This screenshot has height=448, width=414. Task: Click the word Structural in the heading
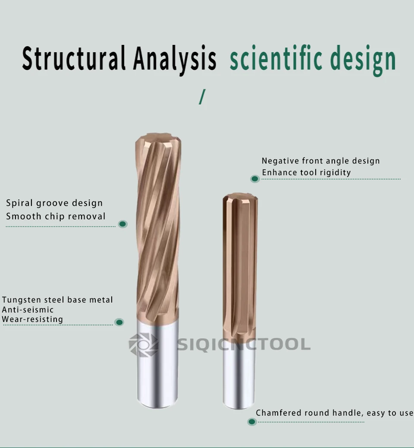73,59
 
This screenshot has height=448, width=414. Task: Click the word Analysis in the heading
175,59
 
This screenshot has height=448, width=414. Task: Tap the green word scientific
276,59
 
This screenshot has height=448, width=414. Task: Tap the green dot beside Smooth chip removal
122,224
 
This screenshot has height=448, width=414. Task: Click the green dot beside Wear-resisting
119,322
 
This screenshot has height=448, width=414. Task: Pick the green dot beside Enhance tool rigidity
255,178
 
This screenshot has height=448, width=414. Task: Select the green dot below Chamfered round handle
252,422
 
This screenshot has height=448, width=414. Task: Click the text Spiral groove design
54,203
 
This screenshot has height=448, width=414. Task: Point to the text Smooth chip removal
56,216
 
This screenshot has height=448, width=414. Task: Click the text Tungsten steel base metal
57,300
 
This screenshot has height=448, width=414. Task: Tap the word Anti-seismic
28,309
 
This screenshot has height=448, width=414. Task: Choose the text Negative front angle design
320,161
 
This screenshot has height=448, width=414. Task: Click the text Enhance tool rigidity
306,173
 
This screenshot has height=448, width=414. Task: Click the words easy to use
390,413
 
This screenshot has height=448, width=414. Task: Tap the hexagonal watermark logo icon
144,344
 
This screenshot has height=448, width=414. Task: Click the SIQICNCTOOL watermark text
244,344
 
